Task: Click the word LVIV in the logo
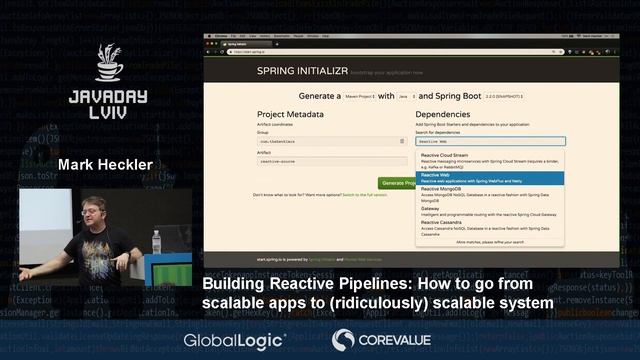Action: point(108,115)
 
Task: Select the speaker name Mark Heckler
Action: point(104,164)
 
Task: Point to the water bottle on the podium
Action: point(156,242)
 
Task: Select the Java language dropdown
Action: point(406,97)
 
